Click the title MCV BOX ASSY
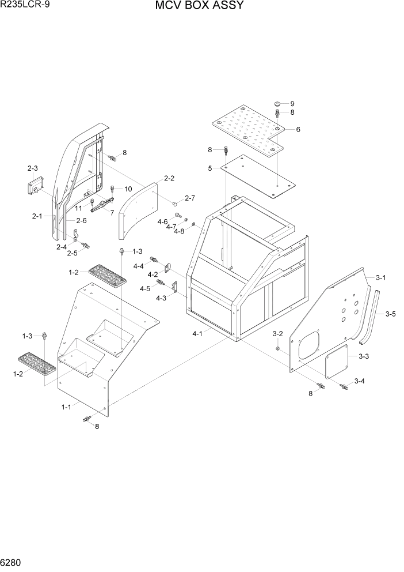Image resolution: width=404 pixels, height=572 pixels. (x=199, y=6)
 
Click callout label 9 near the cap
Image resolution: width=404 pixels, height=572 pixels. (x=292, y=103)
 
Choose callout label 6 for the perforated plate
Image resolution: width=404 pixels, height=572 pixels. (x=298, y=129)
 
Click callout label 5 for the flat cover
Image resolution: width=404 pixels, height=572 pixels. (x=211, y=168)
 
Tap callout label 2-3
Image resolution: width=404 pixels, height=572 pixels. (x=32, y=168)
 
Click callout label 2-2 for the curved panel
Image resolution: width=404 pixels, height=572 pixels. (x=169, y=178)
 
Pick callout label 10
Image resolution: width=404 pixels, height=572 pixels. (x=128, y=189)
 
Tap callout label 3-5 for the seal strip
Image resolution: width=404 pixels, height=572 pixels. (x=390, y=314)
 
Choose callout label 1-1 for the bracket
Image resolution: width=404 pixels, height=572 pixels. (x=67, y=407)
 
